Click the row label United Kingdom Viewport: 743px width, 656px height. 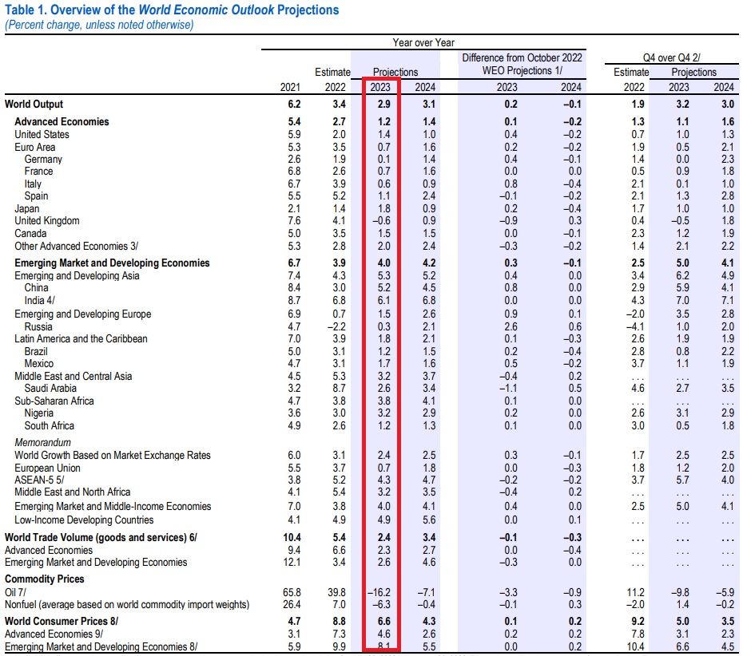[47, 221]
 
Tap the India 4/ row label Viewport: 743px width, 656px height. [39, 301]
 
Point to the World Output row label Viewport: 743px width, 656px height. [34, 105]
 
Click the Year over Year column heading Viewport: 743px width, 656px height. [423, 42]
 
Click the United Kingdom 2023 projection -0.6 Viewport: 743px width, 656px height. [380, 221]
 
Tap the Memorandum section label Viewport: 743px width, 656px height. [43, 442]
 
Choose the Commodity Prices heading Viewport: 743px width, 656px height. [44, 579]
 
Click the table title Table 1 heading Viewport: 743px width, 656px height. [171, 10]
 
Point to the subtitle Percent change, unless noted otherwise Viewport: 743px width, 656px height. [99, 25]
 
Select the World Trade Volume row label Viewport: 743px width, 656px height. [101, 538]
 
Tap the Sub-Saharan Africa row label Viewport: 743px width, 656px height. [54, 401]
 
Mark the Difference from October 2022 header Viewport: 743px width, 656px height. [522, 58]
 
